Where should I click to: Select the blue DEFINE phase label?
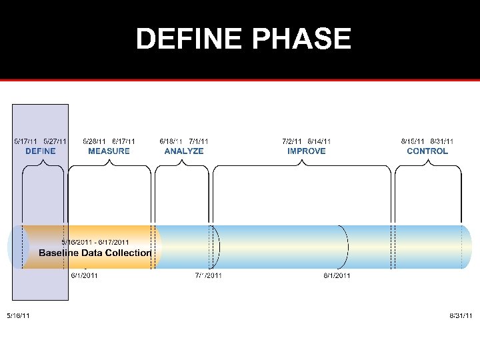[x=40, y=151]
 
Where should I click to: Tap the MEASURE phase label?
[x=109, y=151]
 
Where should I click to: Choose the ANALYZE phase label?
[x=184, y=151]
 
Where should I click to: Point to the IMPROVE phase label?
[x=307, y=151]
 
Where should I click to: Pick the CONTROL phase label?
[x=427, y=151]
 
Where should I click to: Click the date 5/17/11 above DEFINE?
[x=26, y=141]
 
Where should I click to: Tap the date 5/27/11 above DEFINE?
[x=55, y=141]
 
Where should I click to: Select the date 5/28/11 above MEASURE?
[x=94, y=141]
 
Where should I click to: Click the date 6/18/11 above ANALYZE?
[x=171, y=141]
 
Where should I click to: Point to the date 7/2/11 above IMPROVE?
[x=293, y=141]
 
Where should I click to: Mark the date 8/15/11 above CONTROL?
[x=413, y=141]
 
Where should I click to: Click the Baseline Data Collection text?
[x=95, y=253]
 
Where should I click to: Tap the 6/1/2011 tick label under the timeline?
[x=85, y=275]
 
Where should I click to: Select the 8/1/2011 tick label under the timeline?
[x=337, y=275]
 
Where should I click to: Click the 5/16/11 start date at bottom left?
[x=18, y=315]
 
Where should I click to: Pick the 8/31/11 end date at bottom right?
[x=461, y=315]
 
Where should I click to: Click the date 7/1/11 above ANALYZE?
[x=199, y=141]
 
